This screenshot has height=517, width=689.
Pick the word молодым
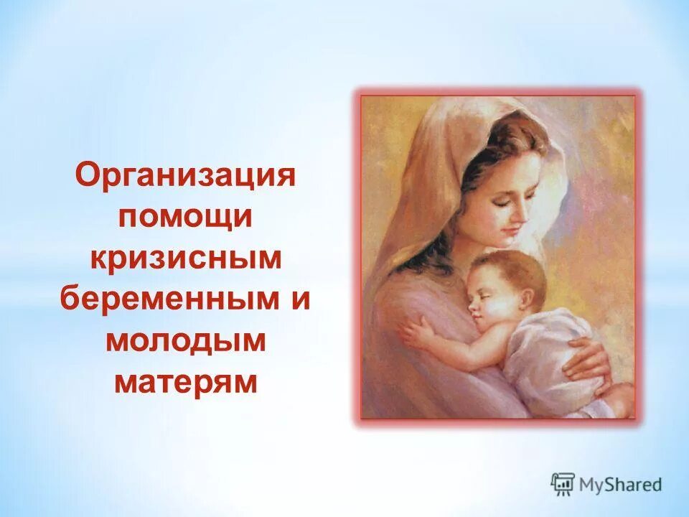coord(185,341)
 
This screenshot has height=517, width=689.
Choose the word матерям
coord(185,382)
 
